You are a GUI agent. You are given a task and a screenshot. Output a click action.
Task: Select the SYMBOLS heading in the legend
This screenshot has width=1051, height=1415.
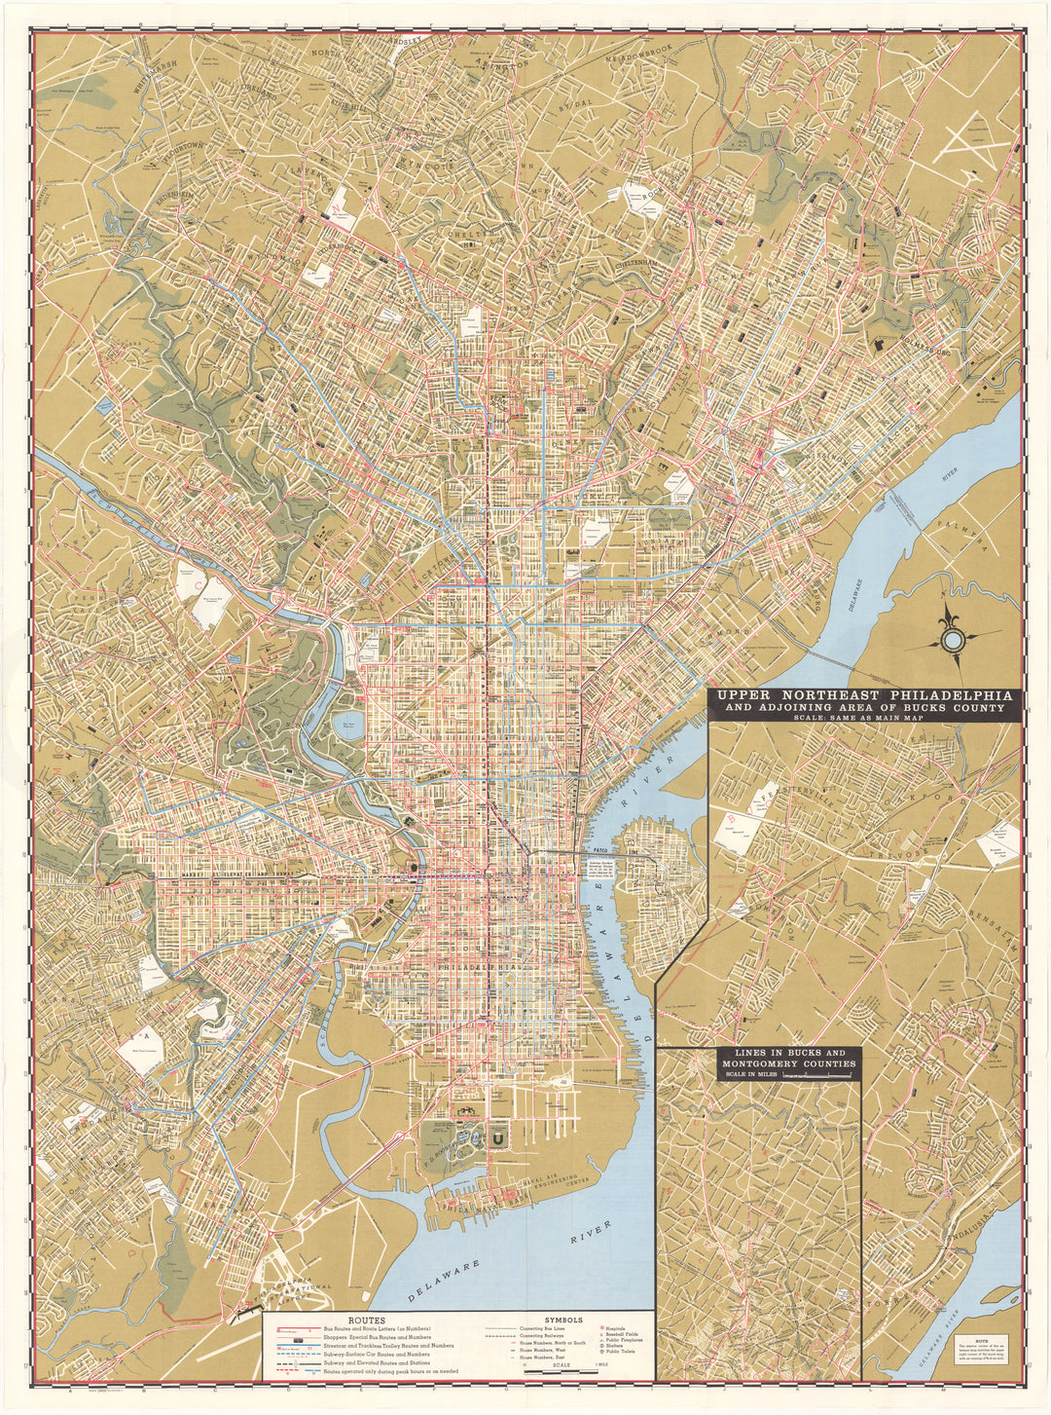click(x=562, y=1320)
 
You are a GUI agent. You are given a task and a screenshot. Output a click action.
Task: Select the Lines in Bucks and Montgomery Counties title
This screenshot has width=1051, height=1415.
click(x=789, y=1060)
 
